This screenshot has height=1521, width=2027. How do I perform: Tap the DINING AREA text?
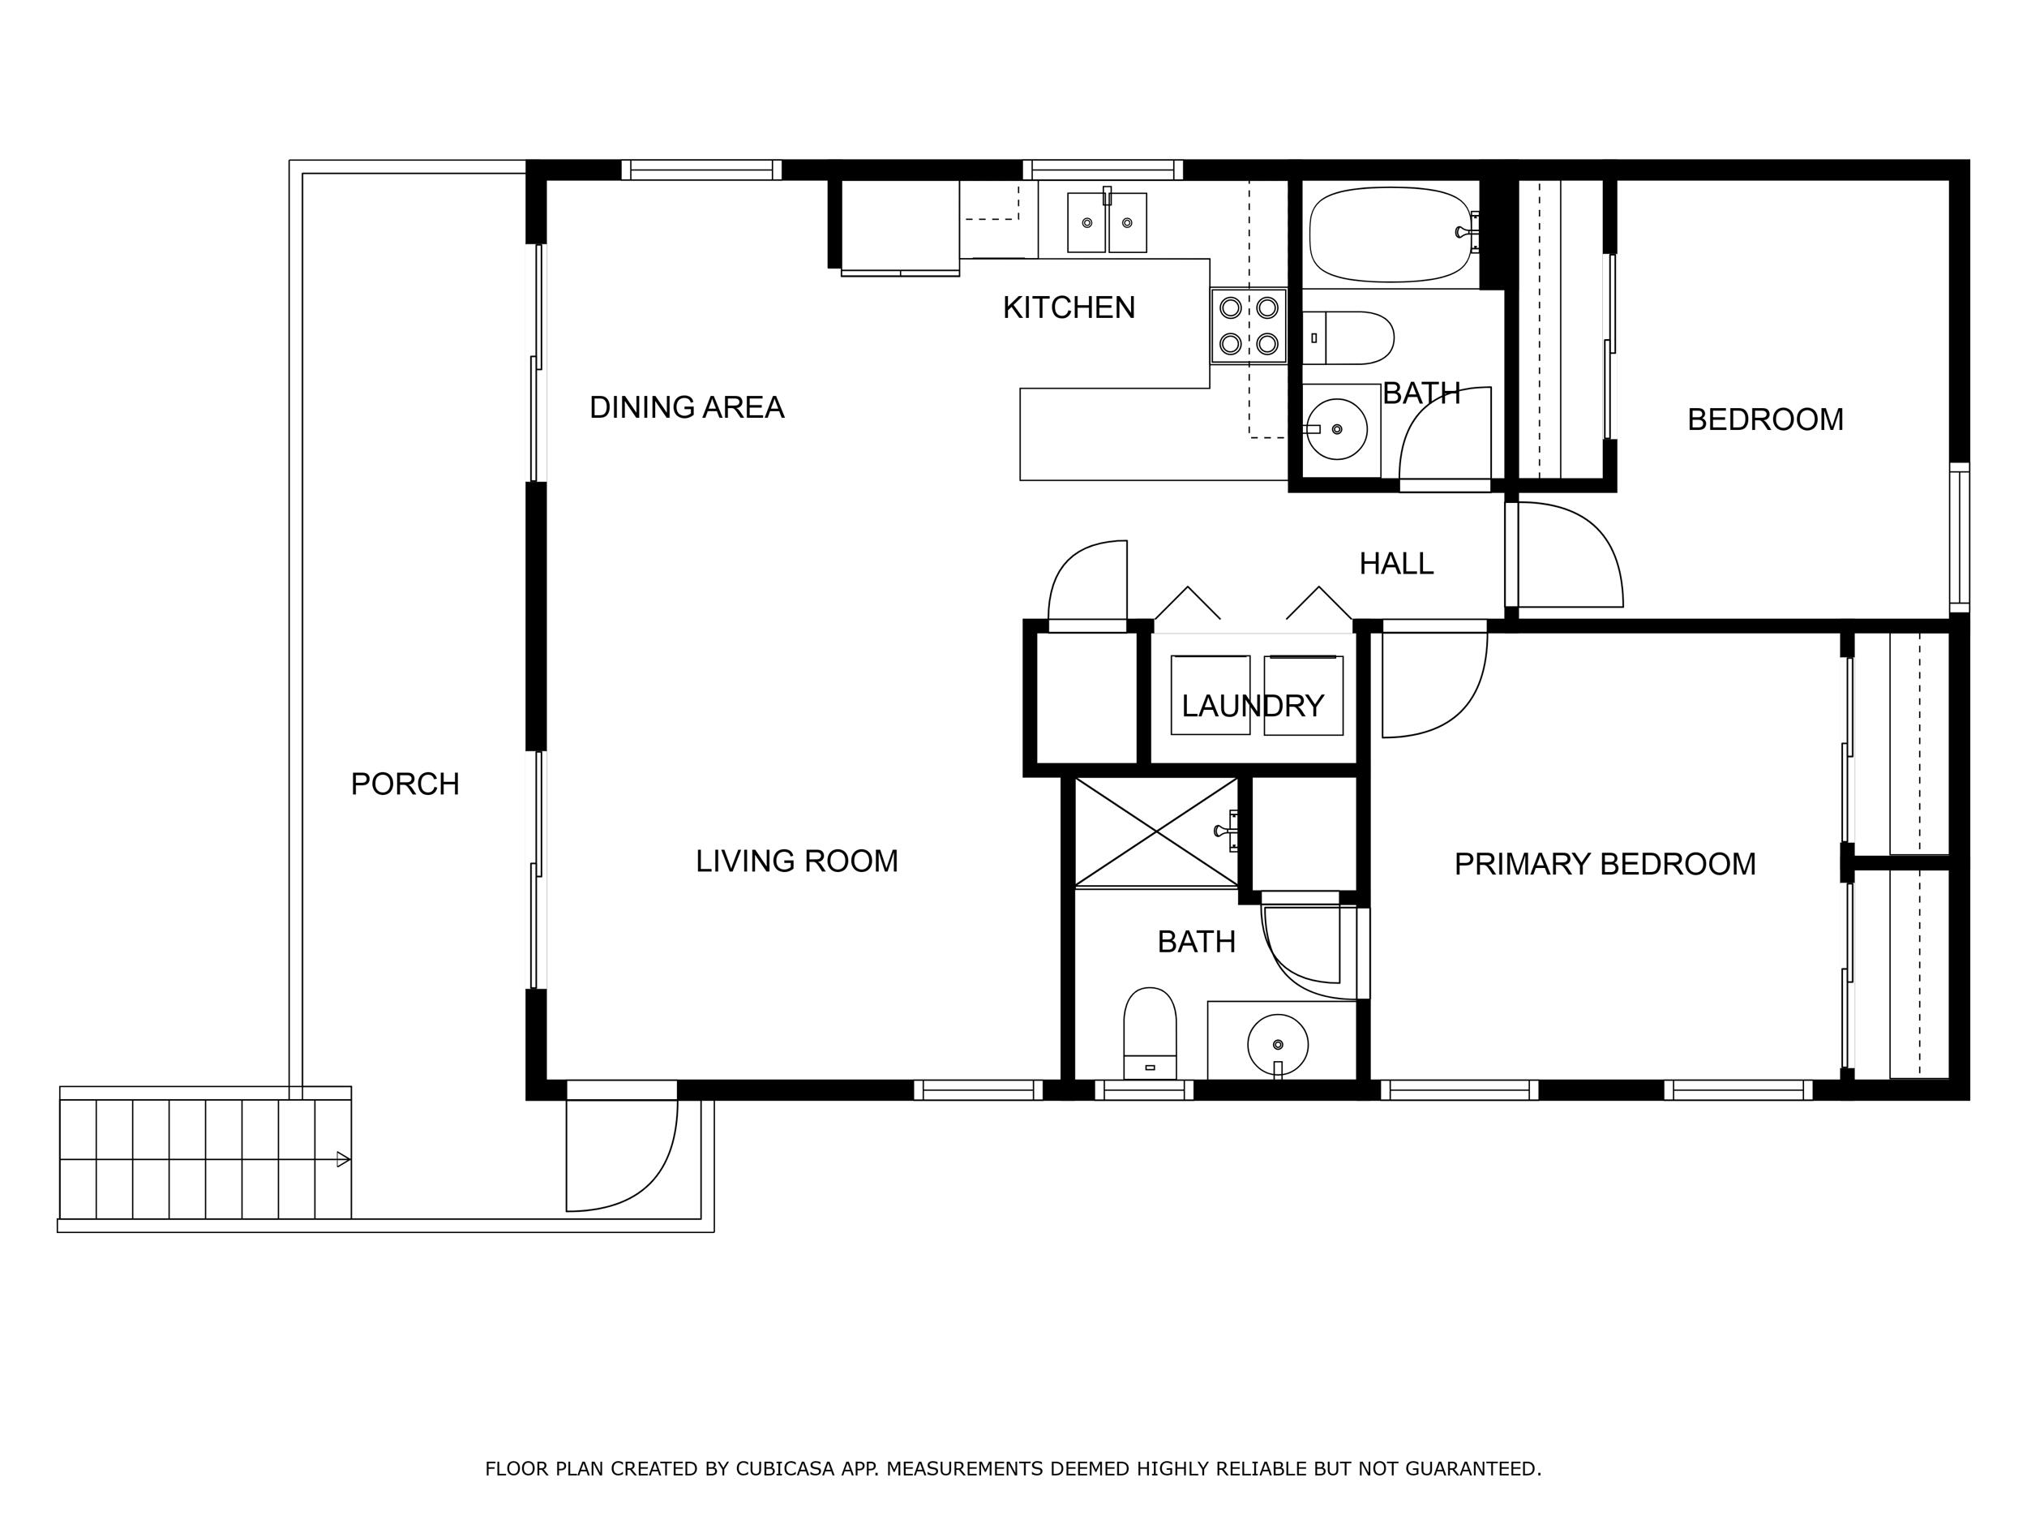tap(687, 407)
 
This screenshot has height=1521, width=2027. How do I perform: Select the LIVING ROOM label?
tap(796, 861)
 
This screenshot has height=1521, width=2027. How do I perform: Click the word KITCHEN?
tap(1069, 307)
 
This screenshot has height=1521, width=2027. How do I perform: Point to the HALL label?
tap(1395, 563)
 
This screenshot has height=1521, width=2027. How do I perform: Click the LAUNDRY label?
tap(1252, 705)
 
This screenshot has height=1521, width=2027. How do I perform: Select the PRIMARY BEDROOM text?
tap(1605, 864)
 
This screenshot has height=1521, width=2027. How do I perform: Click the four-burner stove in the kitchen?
tap(1248, 325)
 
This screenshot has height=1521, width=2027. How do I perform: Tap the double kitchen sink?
tap(1107, 222)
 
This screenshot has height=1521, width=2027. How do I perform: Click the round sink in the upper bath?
tap(1337, 429)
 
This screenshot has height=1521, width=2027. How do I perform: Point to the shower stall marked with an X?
tap(1155, 831)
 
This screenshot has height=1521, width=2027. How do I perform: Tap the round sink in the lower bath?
tap(1277, 1043)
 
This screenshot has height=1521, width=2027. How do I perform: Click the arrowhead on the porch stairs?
tap(344, 1159)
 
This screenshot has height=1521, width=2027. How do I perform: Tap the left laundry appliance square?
tap(1210, 694)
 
